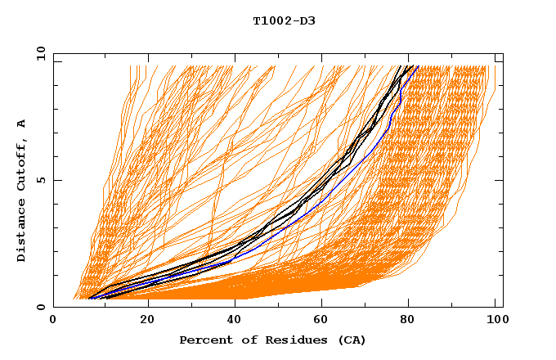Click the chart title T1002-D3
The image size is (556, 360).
[284, 20]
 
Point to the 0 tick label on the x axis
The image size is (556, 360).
[54, 321]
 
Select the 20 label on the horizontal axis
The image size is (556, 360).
[147, 321]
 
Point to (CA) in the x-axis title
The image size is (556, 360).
[352, 340]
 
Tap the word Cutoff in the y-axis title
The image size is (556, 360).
[22, 164]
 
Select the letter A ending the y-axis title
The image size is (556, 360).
[22, 124]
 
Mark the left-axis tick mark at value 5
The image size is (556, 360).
[56, 180]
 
